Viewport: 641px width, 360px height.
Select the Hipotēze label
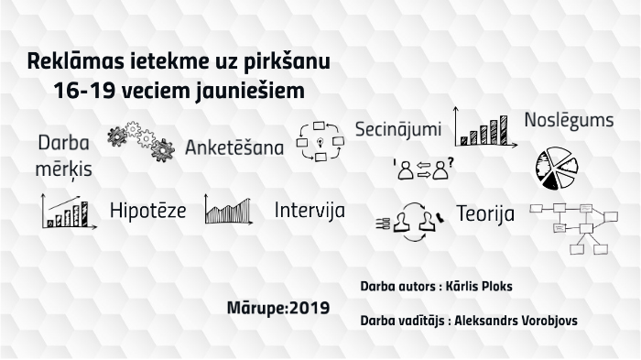pos(147,211)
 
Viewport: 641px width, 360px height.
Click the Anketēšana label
pos(234,147)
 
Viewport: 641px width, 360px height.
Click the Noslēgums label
pos(569,121)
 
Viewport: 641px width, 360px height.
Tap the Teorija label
pos(484,214)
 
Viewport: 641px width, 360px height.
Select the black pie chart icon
pos(557,165)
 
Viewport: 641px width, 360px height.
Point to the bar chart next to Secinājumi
pos(482,128)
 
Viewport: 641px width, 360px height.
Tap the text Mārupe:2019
pos(278,306)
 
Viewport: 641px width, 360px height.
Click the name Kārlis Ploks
pos(476,287)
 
